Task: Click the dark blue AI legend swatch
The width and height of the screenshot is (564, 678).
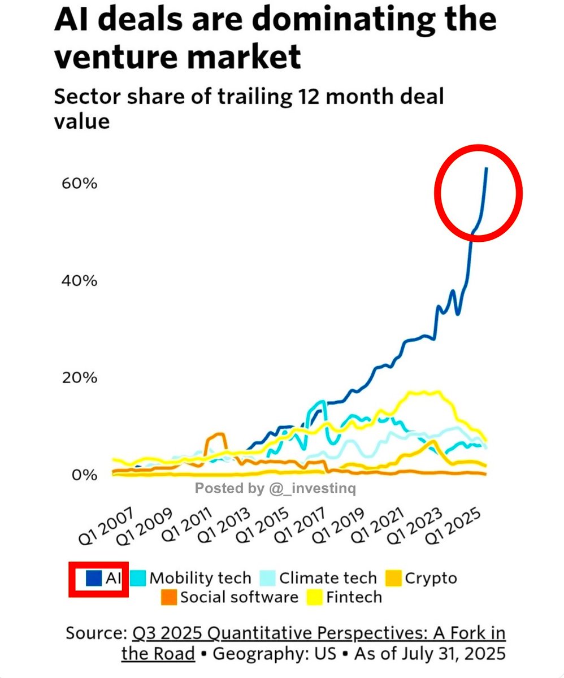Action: [x=94, y=578]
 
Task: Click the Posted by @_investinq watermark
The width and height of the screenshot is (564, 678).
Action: [x=275, y=488]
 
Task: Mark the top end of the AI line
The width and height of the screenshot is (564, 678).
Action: [x=487, y=168]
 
